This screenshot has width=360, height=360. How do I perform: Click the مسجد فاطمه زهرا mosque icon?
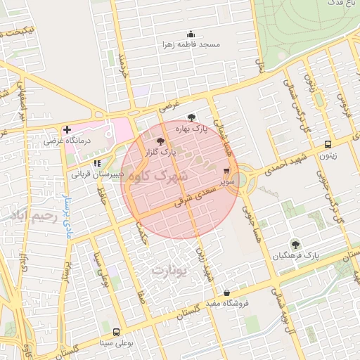pyautogui.click(x=191, y=34)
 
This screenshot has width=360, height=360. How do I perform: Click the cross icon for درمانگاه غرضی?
pyautogui.click(x=67, y=129)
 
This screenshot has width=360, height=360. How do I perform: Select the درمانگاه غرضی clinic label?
pyautogui.click(x=63, y=141)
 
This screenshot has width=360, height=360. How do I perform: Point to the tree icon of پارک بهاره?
pyautogui.click(x=193, y=118)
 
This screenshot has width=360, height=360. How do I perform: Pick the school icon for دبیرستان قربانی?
pyautogui.click(x=96, y=163)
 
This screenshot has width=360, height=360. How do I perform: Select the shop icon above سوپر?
pyautogui.click(x=226, y=171)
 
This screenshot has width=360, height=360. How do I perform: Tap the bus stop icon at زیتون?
pyautogui.click(x=328, y=145)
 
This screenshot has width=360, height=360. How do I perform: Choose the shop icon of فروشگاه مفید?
pyautogui.click(x=226, y=292)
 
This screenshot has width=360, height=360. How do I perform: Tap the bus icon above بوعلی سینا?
pyautogui.click(x=116, y=332)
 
